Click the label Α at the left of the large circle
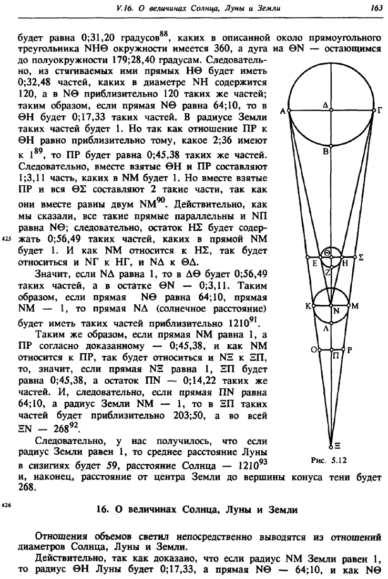[282, 111]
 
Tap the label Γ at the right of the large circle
[380, 111]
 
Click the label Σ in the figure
[362, 257]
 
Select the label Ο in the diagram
[313, 350]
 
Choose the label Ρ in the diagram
[349, 350]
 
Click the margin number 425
[7, 237]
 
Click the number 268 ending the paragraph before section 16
[25, 488]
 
